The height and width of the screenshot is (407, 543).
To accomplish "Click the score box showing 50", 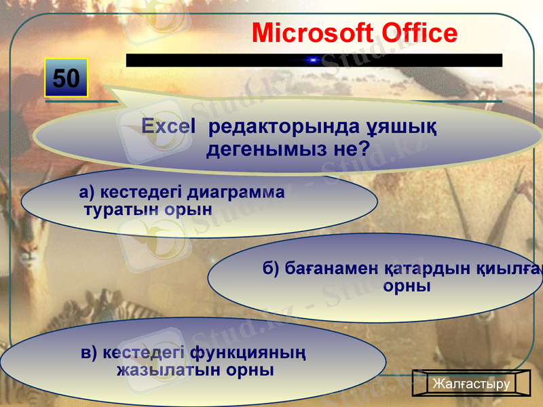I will click(67, 79).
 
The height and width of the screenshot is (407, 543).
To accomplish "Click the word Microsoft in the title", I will click(312, 33).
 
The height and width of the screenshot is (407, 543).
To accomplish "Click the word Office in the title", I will click(419, 33).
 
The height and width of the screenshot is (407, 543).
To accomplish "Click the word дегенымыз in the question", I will click(268, 149).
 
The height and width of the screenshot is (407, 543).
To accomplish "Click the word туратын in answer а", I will click(119, 210).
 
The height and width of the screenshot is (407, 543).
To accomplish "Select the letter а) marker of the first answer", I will click(86, 192).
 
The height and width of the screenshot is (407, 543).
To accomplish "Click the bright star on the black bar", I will click(313, 60).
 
